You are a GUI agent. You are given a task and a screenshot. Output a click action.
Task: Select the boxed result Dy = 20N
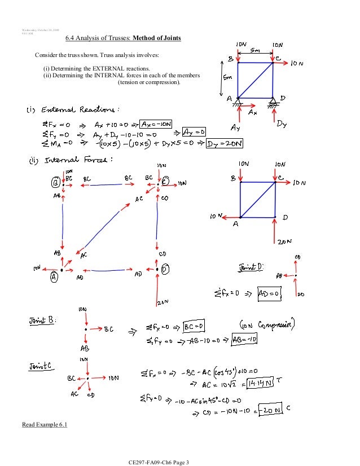(x=224, y=144)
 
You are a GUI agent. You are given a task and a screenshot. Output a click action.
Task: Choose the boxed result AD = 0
(x=254, y=293)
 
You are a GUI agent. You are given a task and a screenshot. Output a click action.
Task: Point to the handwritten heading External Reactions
(x=76, y=109)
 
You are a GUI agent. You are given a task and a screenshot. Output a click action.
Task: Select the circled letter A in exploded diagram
(x=54, y=276)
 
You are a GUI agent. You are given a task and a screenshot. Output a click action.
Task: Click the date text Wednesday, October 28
(x=40, y=29)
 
